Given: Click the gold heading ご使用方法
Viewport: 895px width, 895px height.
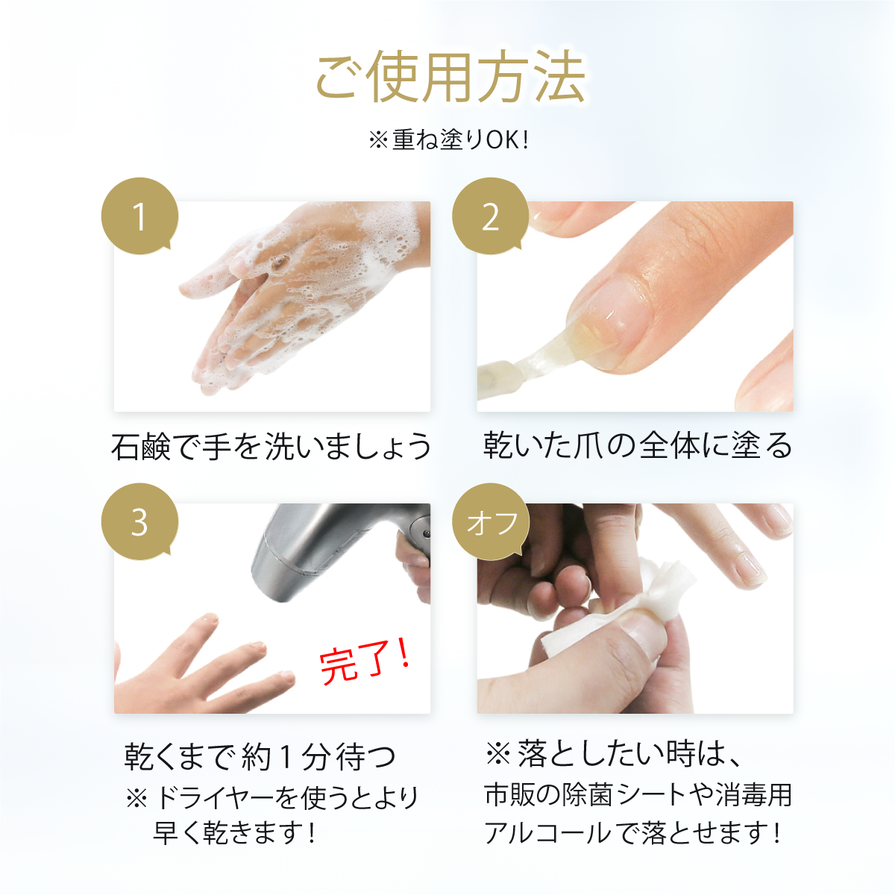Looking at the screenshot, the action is pyautogui.click(x=450, y=77).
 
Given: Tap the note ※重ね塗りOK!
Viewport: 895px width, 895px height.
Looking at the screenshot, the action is pyautogui.click(x=449, y=139).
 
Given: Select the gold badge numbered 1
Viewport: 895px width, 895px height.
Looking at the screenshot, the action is pyautogui.click(x=139, y=216).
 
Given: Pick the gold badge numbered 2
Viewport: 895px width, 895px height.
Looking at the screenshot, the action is pyautogui.click(x=491, y=216).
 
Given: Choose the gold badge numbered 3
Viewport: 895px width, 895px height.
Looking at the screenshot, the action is pyautogui.click(x=139, y=522).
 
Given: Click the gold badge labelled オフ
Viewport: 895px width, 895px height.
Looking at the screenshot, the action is pyautogui.click(x=491, y=522).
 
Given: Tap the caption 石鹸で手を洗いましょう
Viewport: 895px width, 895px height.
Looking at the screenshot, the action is pyautogui.click(x=271, y=446).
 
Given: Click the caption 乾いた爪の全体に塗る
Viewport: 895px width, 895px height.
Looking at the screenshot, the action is pyautogui.click(x=637, y=445).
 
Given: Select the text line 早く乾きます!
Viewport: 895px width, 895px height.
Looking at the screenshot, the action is pyautogui.click(x=235, y=833).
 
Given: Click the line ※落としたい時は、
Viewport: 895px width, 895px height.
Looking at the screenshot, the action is pyautogui.click(x=612, y=753).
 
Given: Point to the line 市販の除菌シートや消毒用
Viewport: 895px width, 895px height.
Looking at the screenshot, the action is pyautogui.click(x=638, y=794).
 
